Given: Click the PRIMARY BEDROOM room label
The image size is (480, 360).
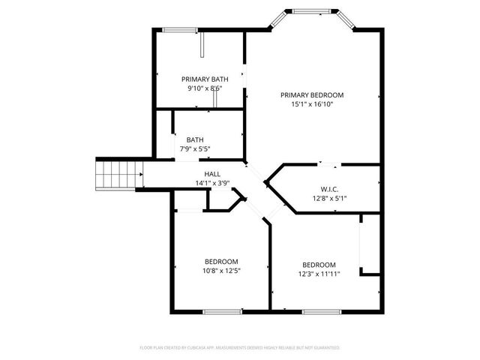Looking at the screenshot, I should coord(312,95).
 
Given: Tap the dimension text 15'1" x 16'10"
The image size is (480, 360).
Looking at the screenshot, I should coord(312,105).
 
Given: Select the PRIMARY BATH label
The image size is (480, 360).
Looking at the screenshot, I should coord(205,79).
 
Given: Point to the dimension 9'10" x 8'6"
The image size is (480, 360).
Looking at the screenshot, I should coord(205,88).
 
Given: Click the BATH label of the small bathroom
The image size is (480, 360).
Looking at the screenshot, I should coord(195,139).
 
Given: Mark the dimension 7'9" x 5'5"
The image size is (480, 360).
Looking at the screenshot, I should coord(195,149).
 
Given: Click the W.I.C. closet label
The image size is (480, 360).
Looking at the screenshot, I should coord(328,189).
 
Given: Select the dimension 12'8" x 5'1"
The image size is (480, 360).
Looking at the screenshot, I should coord(328,199).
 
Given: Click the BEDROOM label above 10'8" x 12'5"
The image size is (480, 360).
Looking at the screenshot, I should coord(221,261).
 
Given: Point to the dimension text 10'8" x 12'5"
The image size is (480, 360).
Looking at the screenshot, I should coord(221,271).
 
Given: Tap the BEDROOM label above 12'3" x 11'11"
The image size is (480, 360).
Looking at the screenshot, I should coord(319,265).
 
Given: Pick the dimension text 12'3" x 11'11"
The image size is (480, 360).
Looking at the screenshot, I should coord(319,274).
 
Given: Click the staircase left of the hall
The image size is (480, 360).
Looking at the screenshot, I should coord(118,174).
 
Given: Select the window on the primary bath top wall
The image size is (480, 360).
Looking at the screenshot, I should coord(180,30).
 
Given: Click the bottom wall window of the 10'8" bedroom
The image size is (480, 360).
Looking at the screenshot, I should coord(222,311).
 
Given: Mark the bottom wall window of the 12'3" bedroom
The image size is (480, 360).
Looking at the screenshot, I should coord(323,311).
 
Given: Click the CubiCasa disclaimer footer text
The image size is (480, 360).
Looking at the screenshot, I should coord(240,348).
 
